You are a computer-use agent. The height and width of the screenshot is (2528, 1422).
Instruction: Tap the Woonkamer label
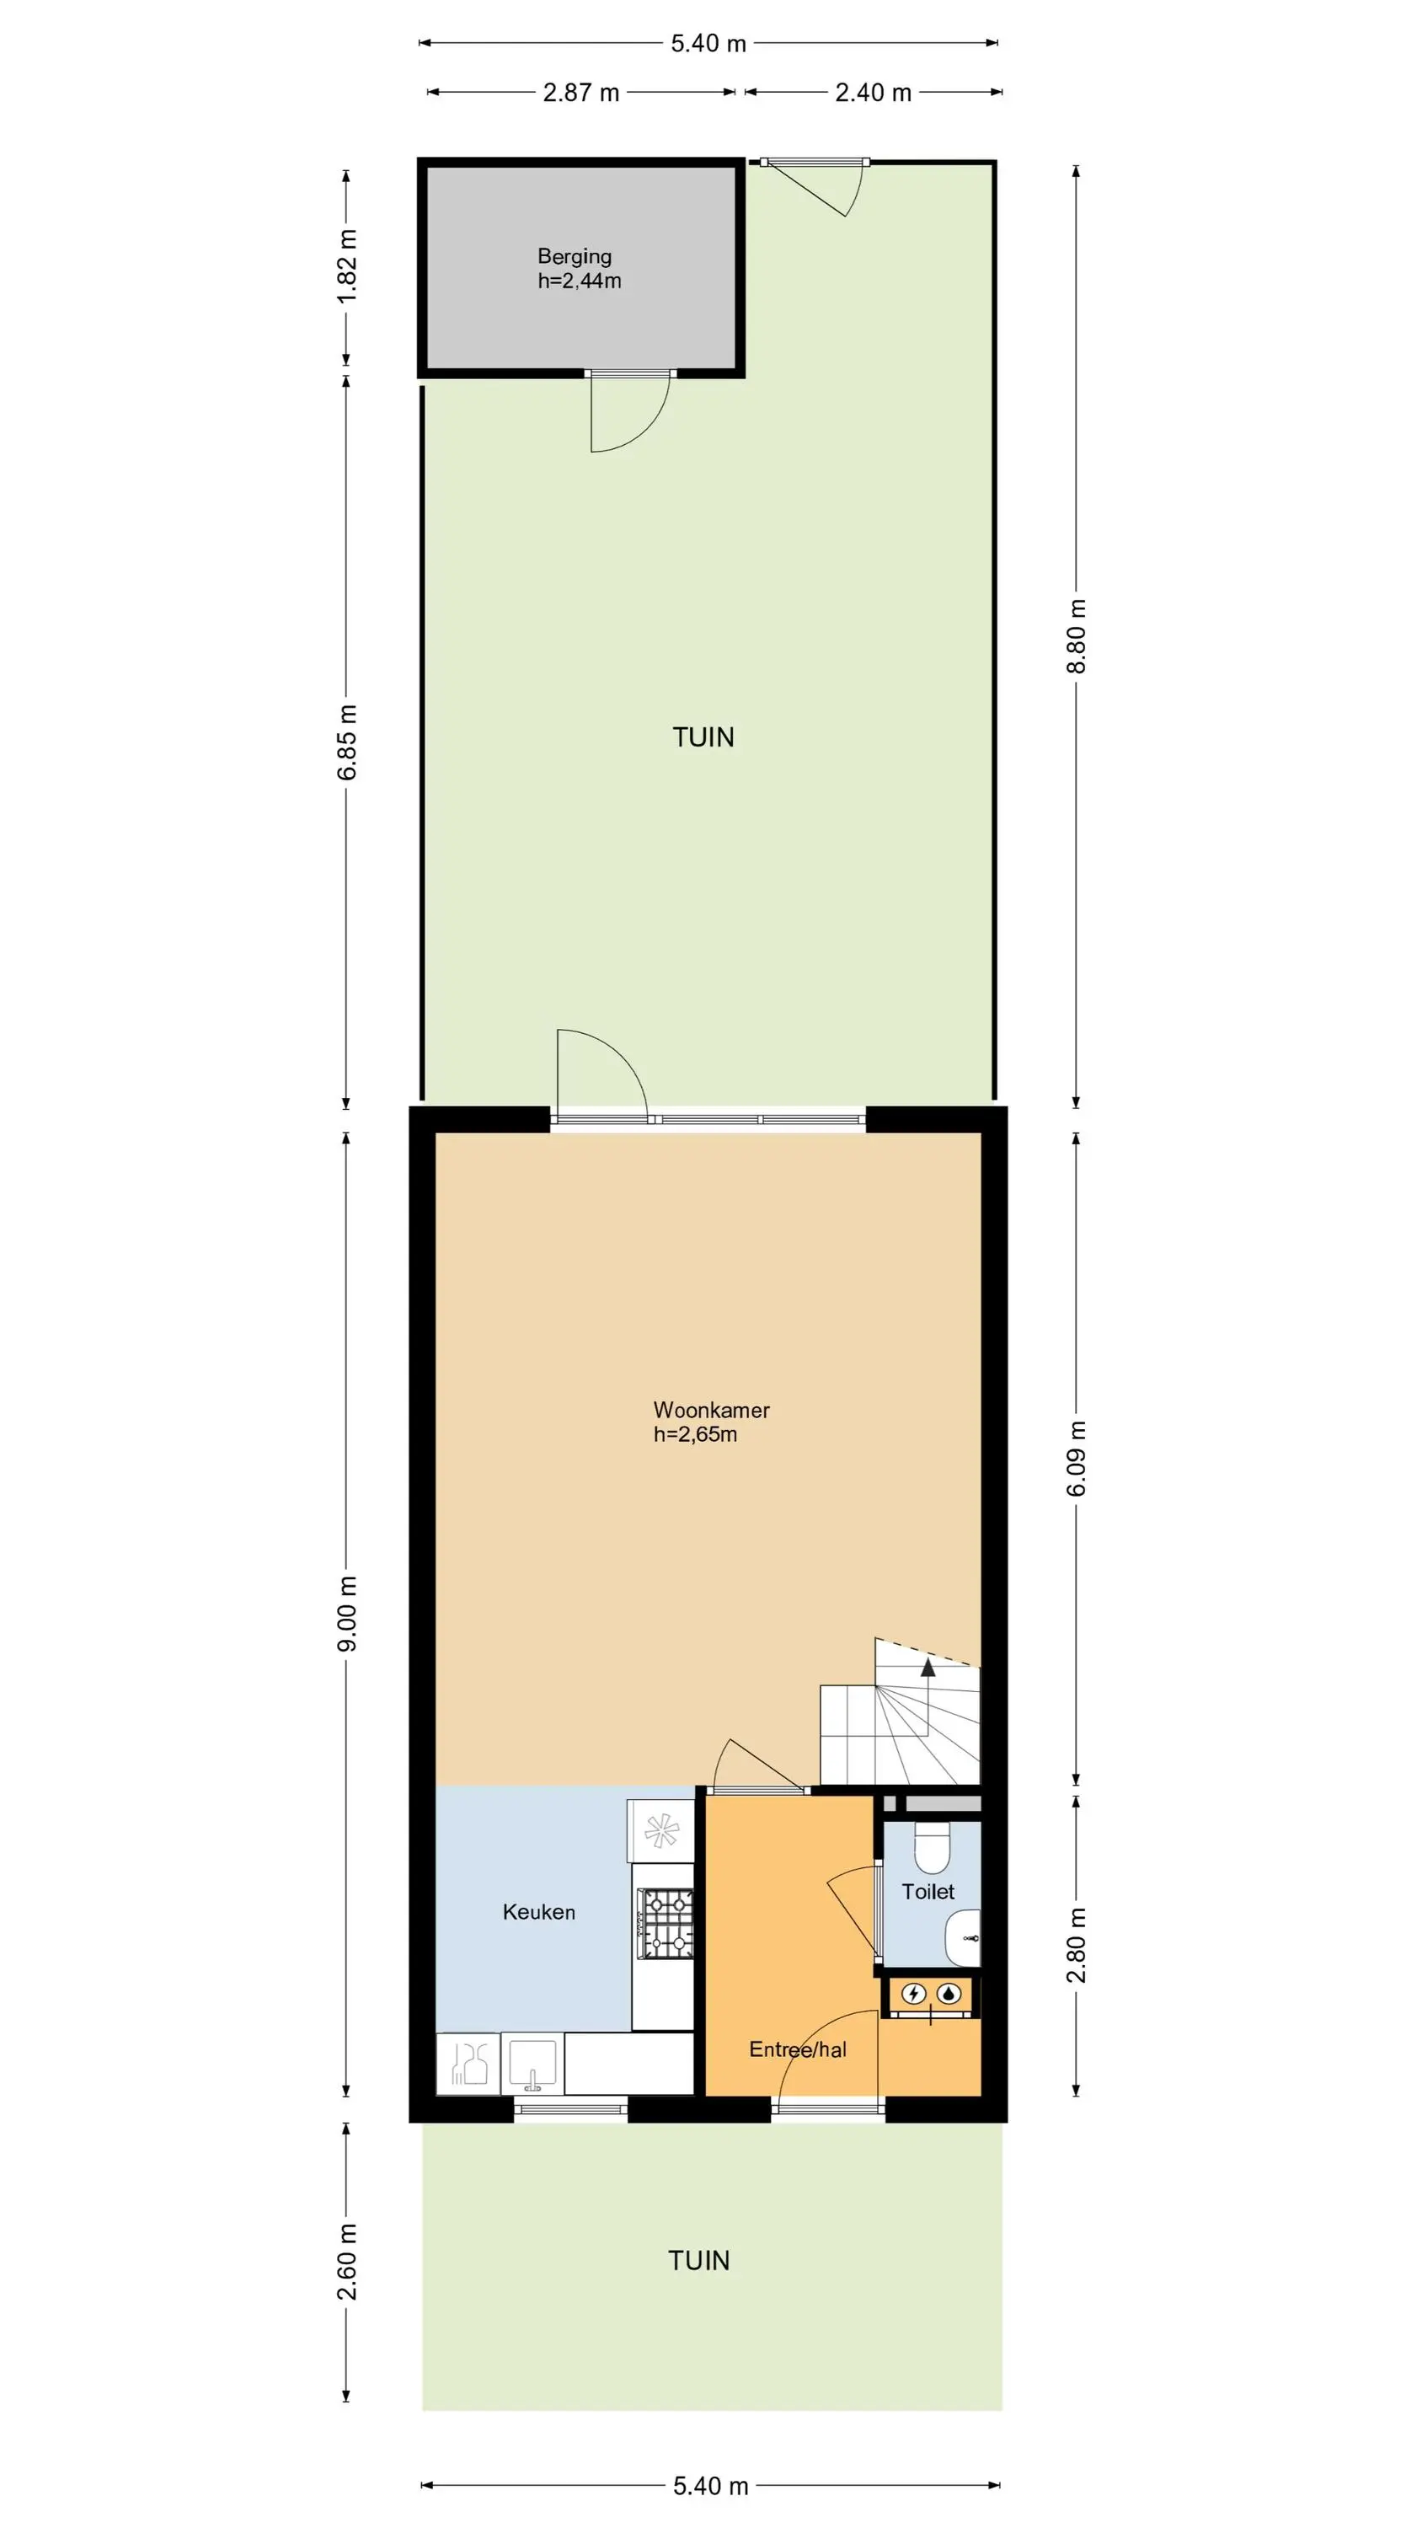(x=712, y=1411)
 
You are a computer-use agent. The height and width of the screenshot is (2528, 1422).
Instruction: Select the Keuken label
(x=539, y=1912)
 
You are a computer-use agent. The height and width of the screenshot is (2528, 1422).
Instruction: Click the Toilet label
(x=928, y=1891)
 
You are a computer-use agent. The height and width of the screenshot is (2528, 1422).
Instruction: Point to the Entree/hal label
(x=798, y=2049)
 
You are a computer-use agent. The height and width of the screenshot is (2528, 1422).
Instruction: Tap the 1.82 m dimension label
(x=347, y=266)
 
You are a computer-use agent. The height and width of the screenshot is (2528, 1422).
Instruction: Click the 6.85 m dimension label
(x=347, y=742)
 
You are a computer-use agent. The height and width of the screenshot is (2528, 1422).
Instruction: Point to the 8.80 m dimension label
(x=1077, y=636)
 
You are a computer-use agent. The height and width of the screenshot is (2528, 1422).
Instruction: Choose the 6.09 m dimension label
(x=1077, y=1459)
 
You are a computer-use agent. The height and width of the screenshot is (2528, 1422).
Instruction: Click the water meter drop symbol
(x=949, y=1993)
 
